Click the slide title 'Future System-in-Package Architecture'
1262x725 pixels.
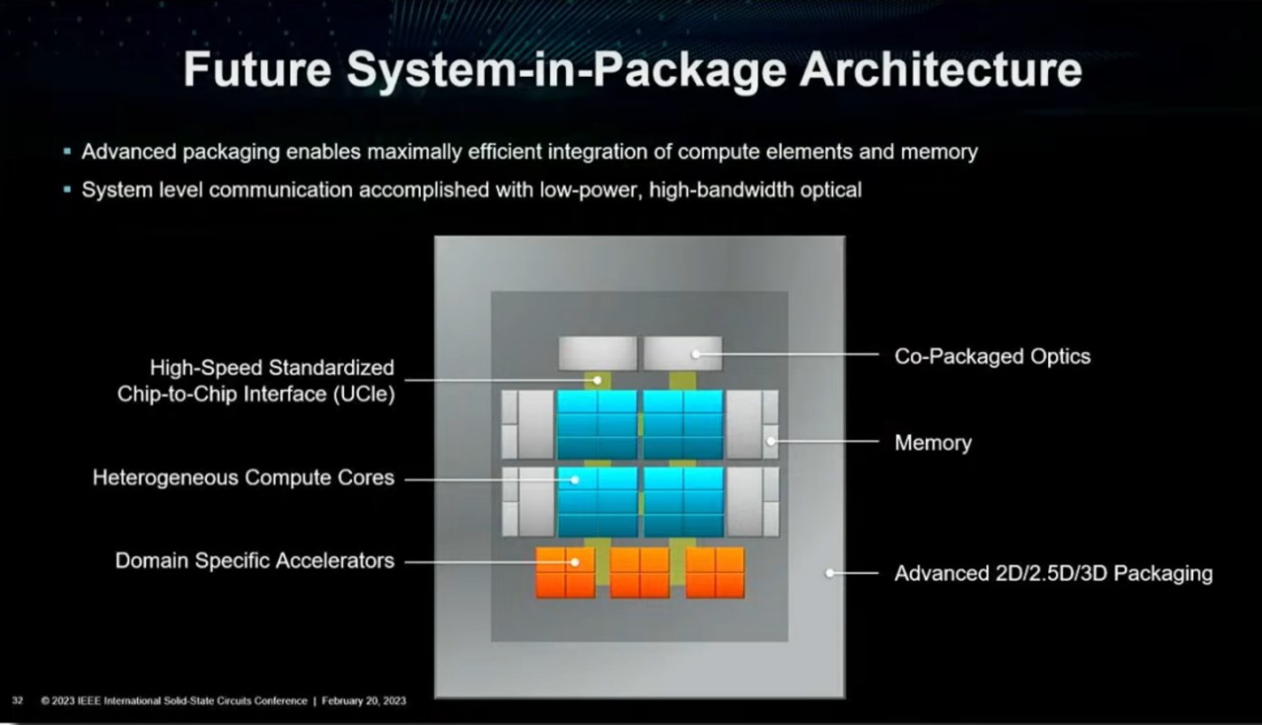point(632,70)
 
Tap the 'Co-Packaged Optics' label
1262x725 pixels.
point(992,357)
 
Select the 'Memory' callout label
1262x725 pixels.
point(933,443)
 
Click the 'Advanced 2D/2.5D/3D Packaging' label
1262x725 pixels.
point(1053,573)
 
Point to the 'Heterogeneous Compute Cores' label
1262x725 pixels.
point(244,478)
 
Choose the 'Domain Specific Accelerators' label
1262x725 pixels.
point(255,561)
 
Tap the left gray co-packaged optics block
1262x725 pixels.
point(598,353)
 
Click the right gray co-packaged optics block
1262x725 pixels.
point(682,353)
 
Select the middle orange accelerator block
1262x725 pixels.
point(640,572)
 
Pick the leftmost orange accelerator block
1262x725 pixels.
point(565,572)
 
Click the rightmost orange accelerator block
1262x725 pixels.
point(715,572)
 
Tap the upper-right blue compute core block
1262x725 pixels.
point(683,424)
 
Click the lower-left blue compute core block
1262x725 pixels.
point(598,502)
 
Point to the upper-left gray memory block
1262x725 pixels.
point(528,424)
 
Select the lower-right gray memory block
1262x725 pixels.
point(752,502)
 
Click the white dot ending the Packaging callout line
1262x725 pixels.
point(830,572)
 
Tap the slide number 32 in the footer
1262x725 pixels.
point(17,701)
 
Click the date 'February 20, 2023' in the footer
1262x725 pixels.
point(364,701)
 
